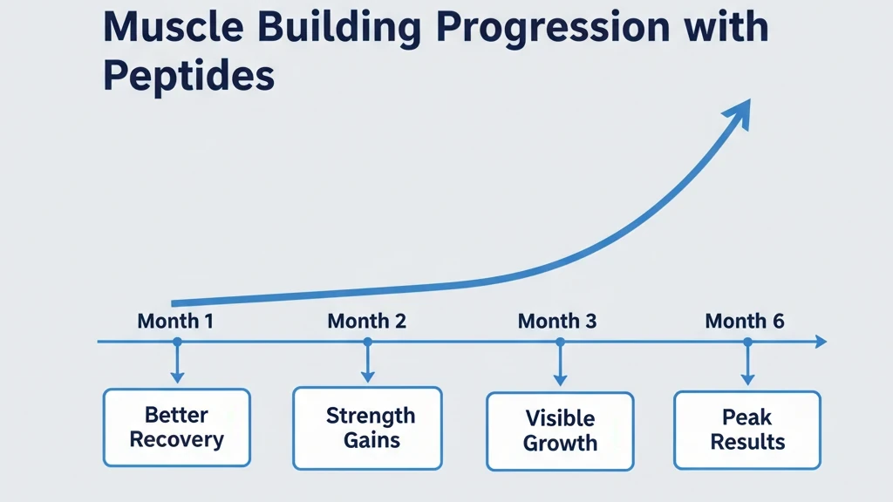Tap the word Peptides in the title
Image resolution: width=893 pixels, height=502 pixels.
coord(188,77)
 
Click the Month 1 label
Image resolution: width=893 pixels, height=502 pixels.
coord(175,321)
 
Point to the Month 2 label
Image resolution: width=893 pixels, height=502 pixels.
coord(366,321)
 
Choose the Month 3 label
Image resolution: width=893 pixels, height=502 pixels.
coord(556,321)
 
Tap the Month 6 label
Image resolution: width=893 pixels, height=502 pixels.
coord(745,321)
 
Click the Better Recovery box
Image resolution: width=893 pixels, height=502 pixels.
coord(177,427)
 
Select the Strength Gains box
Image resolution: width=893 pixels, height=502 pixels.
coord(367,427)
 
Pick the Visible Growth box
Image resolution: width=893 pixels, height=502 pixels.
coord(559,431)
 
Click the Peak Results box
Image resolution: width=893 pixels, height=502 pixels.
coord(747,429)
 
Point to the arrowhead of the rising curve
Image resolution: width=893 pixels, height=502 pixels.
coord(739,112)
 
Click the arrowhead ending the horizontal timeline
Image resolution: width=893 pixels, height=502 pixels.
coord(820,343)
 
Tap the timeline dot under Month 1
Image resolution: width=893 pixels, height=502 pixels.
coord(177,343)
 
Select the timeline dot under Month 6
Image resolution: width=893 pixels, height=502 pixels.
coord(747,343)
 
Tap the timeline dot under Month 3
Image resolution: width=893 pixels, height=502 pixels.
coord(560,343)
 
